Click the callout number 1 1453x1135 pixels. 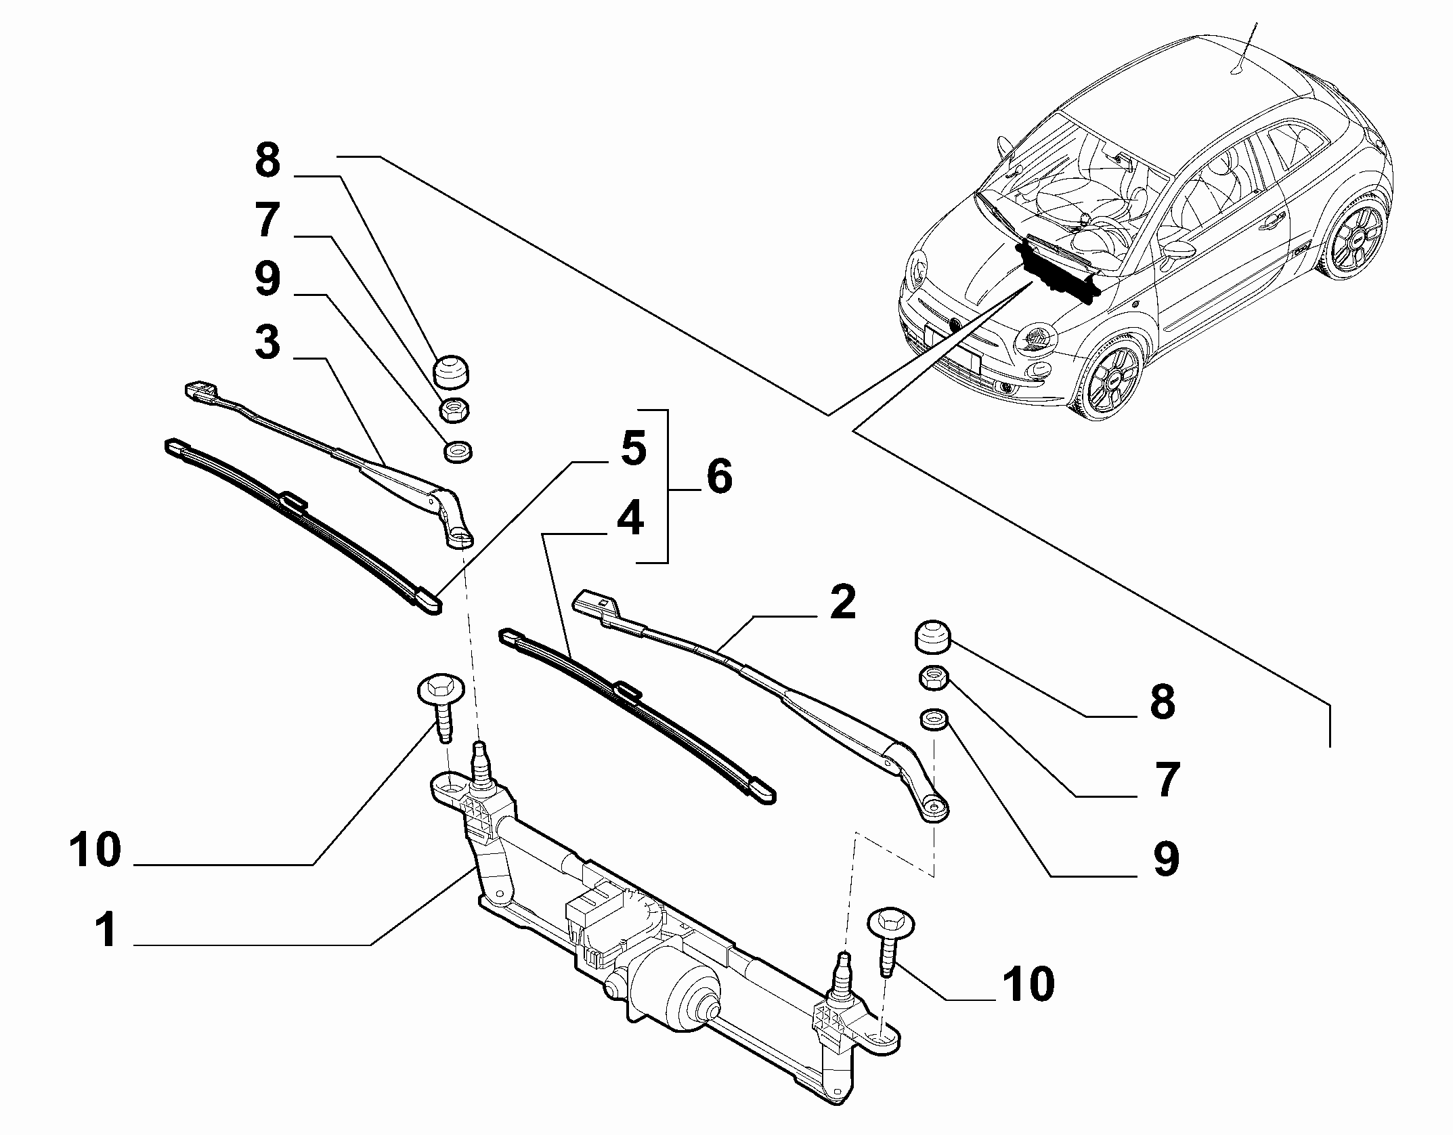(x=106, y=931)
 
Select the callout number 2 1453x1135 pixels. (x=842, y=602)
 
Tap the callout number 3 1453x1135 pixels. (x=267, y=343)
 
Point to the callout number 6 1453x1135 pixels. (x=719, y=476)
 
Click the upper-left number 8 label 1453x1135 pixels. (x=267, y=161)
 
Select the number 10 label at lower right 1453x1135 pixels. (x=1028, y=983)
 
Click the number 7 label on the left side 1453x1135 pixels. (x=267, y=220)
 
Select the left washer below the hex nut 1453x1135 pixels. (x=458, y=452)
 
